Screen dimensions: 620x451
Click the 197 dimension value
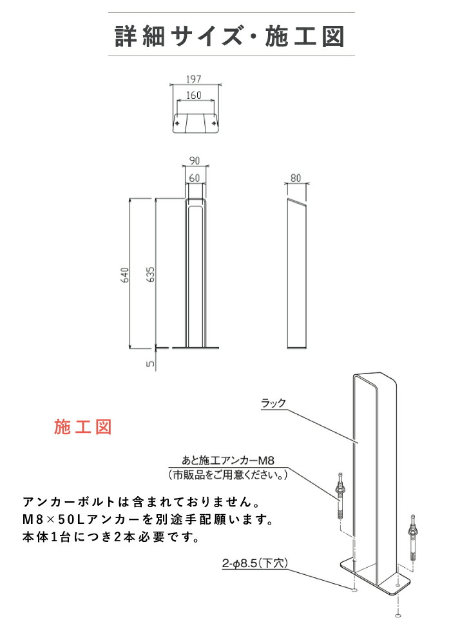point(195,79)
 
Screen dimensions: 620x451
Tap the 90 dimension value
point(195,161)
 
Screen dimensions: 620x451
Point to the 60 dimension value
point(195,177)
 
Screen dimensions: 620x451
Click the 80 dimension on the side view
point(296,177)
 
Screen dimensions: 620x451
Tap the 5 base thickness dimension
point(150,364)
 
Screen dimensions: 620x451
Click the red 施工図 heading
point(83,427)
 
